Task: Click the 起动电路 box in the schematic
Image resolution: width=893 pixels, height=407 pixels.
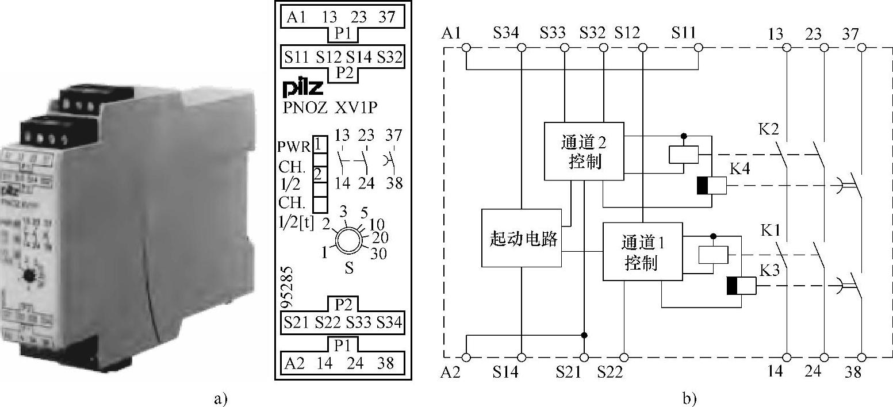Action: pyautogui.click(x=521, y=238)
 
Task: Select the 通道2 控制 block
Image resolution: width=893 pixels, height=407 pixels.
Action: pyautogui.click(x=584, y=151)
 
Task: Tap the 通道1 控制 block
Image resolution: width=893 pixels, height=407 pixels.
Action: pyautogui.click(x=642, y=251)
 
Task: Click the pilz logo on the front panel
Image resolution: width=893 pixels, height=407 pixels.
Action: pyautogui.click(x=303, y=88)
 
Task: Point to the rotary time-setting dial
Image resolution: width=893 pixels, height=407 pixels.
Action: pyautogui.click(x=348, y=240)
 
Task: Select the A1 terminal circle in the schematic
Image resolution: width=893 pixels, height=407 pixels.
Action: pyautogui.click(x=467, y=48)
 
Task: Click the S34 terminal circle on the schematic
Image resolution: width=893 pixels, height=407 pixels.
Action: pyautogui.click(x=522, y=48)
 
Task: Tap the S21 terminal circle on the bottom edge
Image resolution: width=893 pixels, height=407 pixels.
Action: pyautogui.click(x=584, y=357)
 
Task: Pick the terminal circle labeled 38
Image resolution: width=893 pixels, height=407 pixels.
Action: pyautogui.click(x=861, y=357)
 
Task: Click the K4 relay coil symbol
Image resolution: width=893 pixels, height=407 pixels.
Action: pyautogui.click(x=711, y=186)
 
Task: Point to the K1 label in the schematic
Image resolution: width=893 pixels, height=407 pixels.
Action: pyautogui.click(x=770, y=230)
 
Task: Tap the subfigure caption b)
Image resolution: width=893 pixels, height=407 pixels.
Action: pyautogui.click(x=689, y=398)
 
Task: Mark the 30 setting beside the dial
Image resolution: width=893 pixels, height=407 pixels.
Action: pyautogui.click(x=378, y=254)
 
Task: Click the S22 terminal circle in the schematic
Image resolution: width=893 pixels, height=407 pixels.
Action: pyautogui.click(x=624, y=357)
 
